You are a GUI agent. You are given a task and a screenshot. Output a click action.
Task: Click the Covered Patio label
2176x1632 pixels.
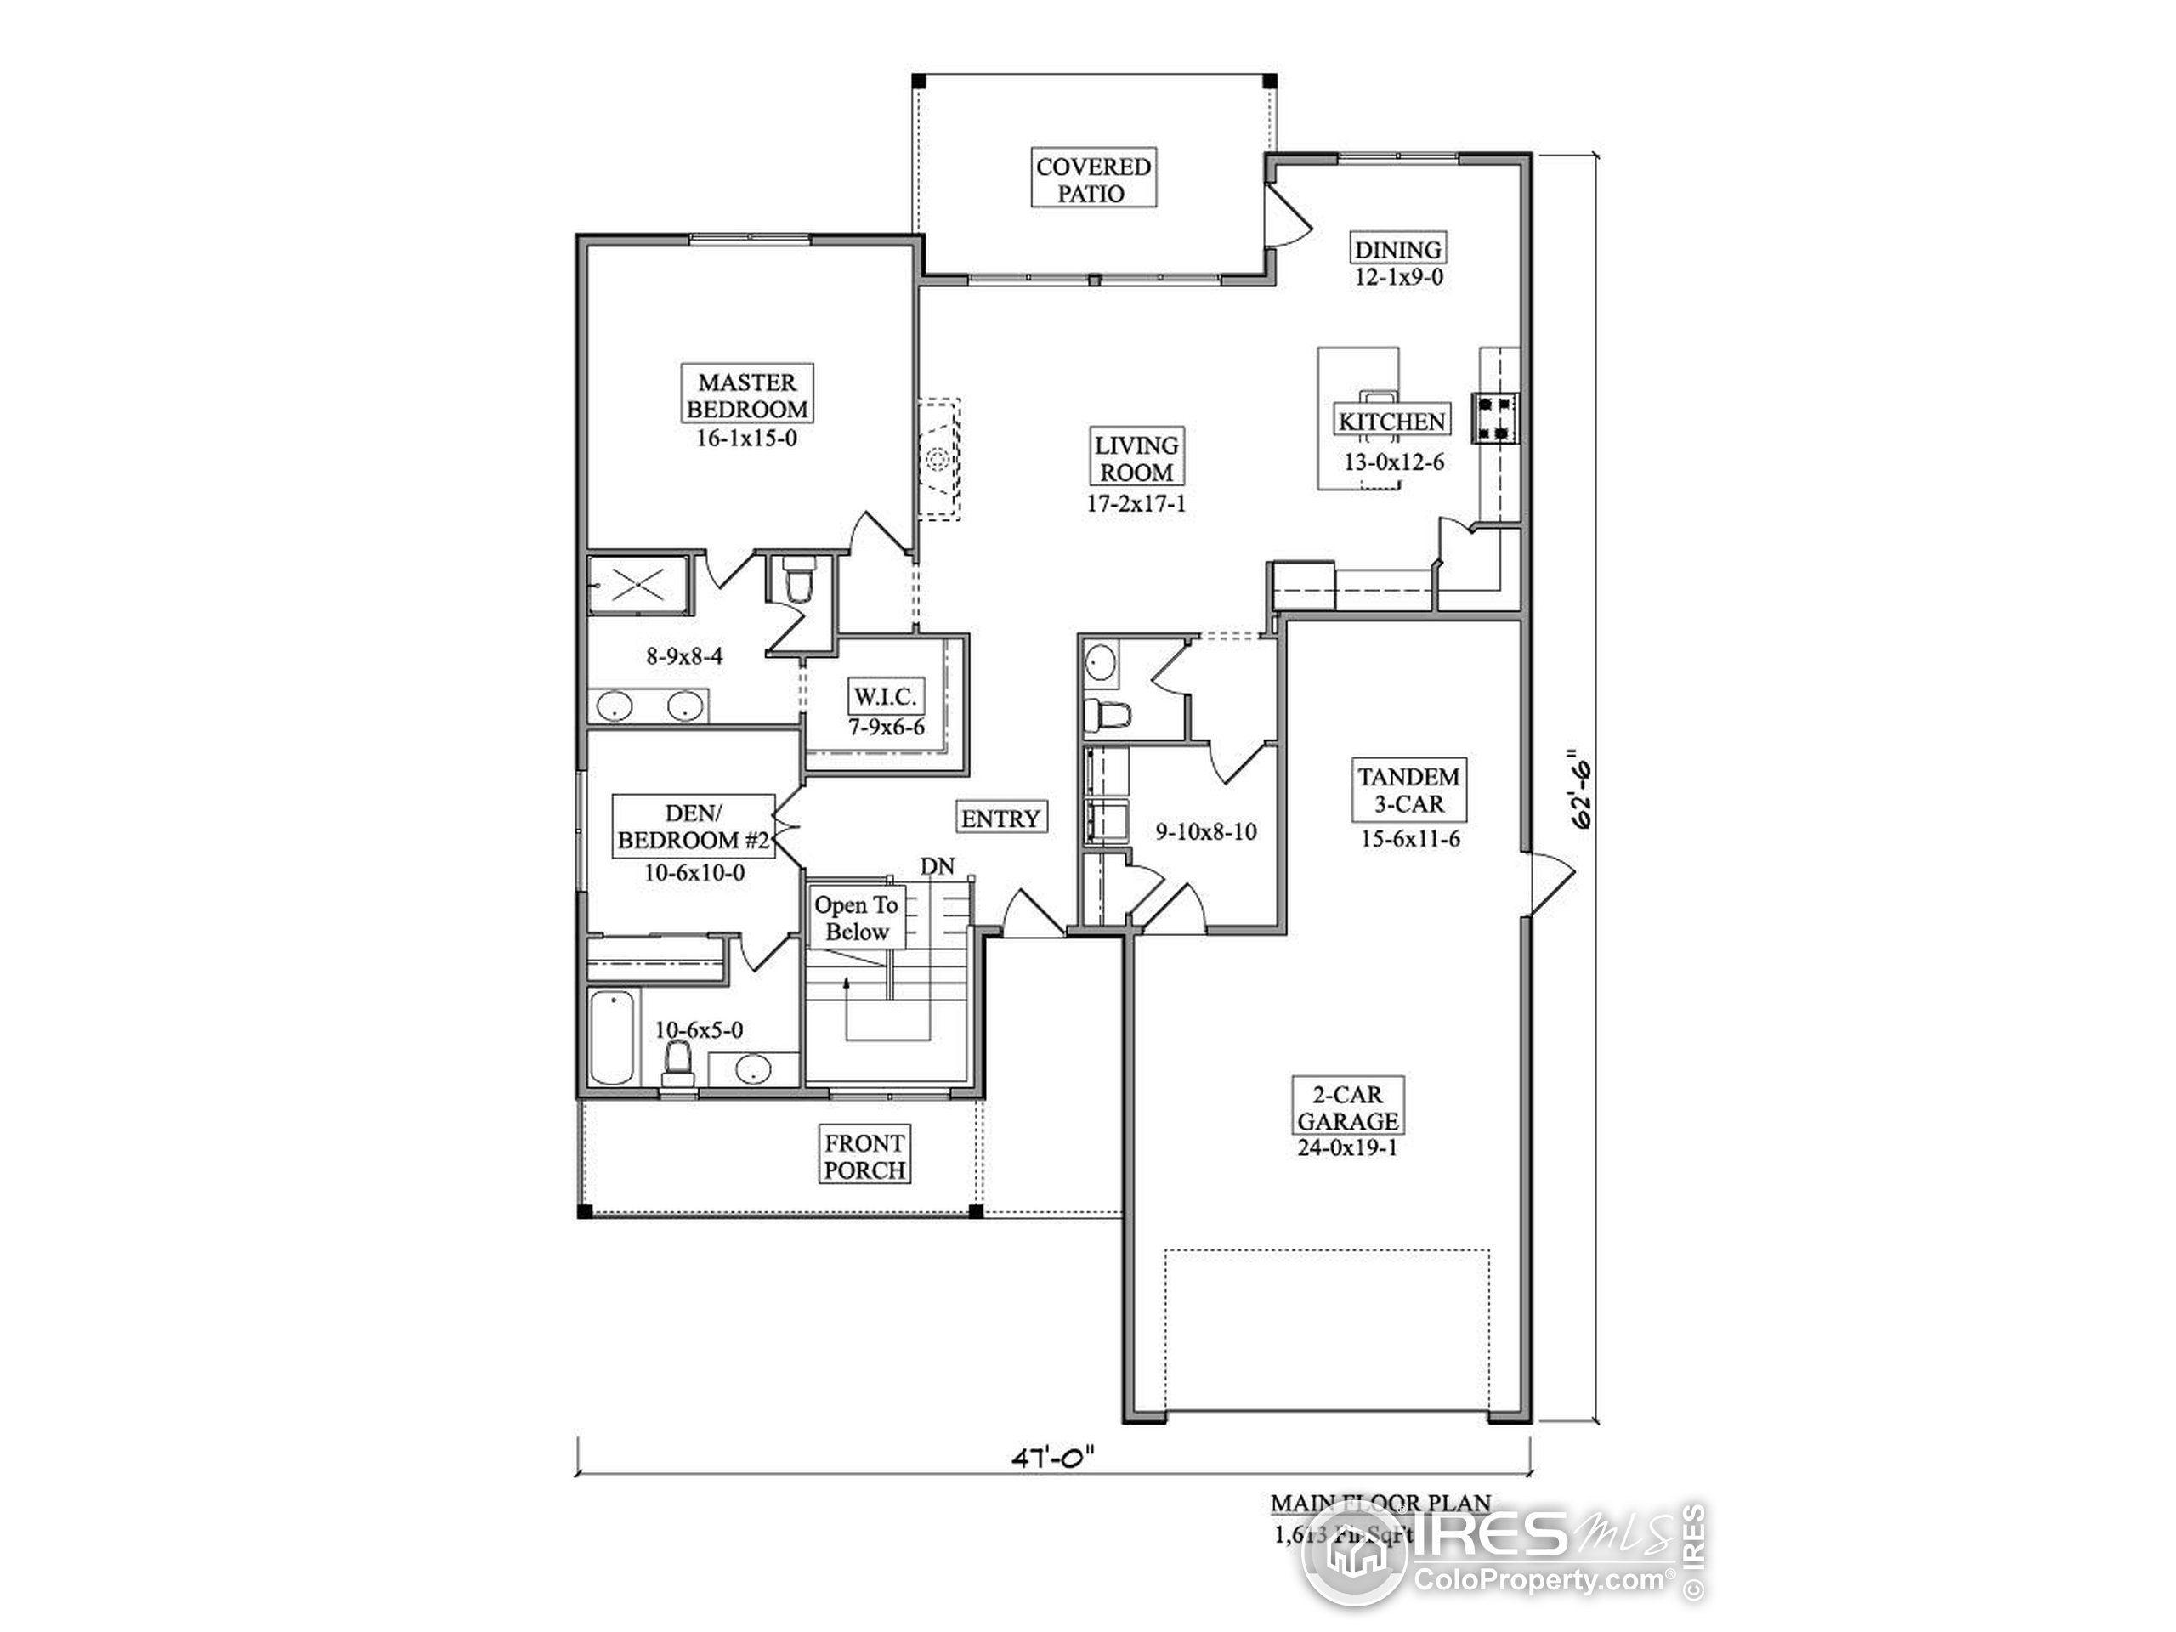click(x=1093, y=179)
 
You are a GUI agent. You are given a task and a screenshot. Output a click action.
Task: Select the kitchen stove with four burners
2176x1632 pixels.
click(x=1494, y=417)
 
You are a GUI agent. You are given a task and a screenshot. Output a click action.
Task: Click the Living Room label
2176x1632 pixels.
click(x=1136, y=458)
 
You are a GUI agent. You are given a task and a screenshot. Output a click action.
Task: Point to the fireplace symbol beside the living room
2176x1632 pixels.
click(x=938, y=458)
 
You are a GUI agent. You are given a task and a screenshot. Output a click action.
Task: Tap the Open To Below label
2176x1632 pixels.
click(x=857, y=918)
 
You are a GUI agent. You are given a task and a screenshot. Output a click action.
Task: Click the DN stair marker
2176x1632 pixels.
click(x=938, y=865)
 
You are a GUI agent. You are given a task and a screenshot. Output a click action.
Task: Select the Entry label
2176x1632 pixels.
click(x=1000, y=819)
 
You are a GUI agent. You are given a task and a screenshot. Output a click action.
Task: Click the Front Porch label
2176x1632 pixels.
click(x=864, y=1157)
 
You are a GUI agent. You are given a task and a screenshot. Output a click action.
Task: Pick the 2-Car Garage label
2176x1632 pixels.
click(x=1346, y=1108)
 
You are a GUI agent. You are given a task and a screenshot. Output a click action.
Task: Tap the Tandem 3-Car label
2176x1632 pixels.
click(x=1408, y=790)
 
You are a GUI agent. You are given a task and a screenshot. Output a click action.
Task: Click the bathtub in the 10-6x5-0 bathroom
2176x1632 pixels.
click(x=613, y=1037)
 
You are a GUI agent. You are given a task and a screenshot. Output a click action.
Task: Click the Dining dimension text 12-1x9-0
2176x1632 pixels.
click(x=1399, y=277)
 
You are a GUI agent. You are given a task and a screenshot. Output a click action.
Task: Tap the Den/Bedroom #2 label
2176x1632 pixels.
click(x=694, y=826)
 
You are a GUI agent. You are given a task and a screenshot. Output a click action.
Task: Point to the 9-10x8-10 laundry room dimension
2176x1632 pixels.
click(x=1205, y=832)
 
